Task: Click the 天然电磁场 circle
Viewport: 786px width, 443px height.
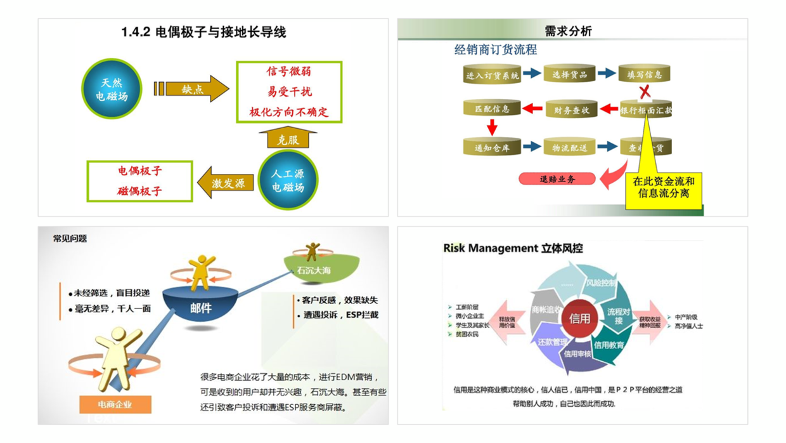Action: [112, 88]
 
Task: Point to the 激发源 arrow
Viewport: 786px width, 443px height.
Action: [226, 183]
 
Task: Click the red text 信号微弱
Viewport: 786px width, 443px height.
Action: [289, 71]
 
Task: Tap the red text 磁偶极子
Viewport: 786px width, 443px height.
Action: [140, 190]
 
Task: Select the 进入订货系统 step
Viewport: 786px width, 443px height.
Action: [492, 75]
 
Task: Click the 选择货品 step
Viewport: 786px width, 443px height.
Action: [569, 74]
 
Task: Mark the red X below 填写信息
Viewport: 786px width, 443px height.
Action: [645, 92]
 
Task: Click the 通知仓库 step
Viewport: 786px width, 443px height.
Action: [492, 148]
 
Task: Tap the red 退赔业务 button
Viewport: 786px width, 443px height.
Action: [557, 179]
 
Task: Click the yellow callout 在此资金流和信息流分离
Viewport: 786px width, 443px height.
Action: [664, 187]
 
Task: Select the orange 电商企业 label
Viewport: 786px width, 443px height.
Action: [115, 404]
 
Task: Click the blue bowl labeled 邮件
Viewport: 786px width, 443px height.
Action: [201, 308]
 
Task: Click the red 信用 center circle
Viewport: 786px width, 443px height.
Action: [580, 318]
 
